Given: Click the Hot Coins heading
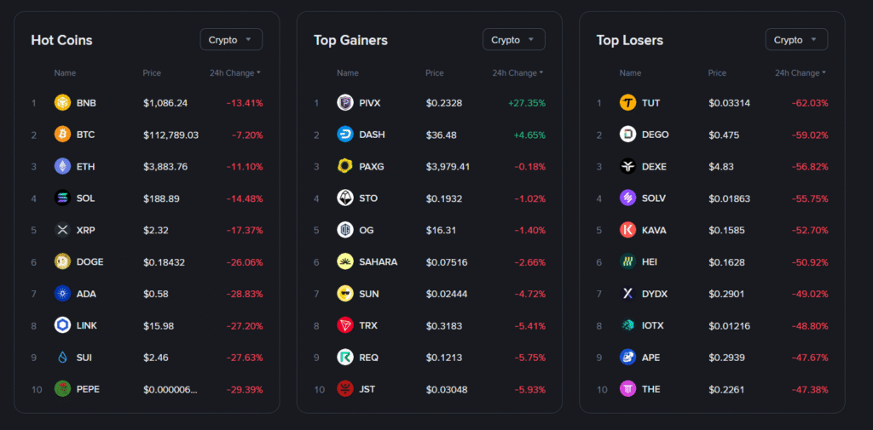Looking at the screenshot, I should point(61,40).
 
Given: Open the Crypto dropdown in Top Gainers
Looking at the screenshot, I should point(513,39).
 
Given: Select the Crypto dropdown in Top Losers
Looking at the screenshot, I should point(796,39).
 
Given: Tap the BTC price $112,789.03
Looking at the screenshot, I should point(171,135).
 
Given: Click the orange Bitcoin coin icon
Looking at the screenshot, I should point(62,135).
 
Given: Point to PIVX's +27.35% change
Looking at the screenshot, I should point(526,103).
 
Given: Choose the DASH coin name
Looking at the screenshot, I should point(372,135).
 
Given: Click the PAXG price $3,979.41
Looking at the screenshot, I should point(448,166).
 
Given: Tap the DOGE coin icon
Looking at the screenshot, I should point(62,261).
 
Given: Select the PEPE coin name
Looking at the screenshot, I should point(88,389).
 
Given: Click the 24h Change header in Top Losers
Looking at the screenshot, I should point(800,73).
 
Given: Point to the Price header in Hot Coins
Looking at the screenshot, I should point(152,73).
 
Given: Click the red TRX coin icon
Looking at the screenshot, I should point(345,325).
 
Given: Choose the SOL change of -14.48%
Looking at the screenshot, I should point(245,198).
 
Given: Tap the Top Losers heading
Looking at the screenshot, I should point(629,40).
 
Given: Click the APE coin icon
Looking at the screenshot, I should point(627,357).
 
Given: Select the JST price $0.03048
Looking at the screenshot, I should point(446,389).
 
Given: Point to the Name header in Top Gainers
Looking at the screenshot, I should point(347,73).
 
